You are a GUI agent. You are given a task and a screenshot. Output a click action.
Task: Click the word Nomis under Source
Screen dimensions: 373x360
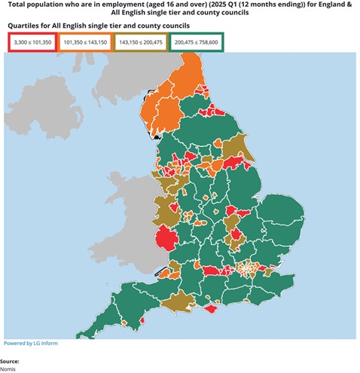click(8, 368)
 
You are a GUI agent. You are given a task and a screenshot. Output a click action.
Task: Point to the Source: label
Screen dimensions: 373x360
click(10, 361)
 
